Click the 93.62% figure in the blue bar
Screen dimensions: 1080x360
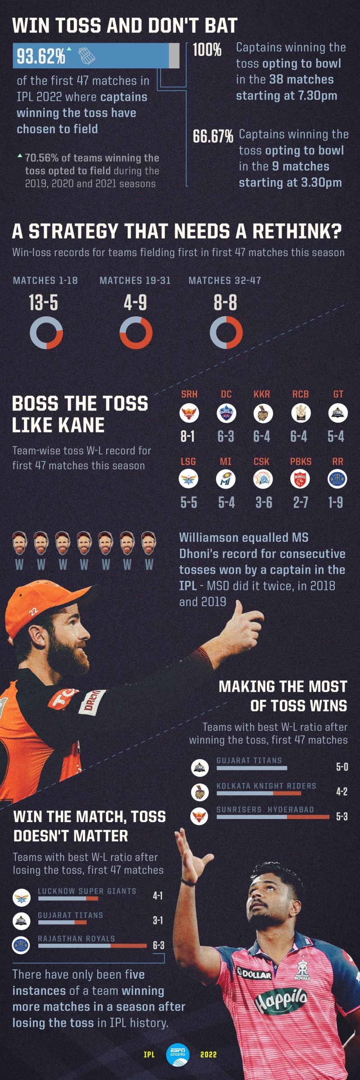(41, 56)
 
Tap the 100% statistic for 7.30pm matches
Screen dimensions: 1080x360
(207, 50)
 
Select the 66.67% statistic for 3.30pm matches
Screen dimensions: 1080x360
(213, 136)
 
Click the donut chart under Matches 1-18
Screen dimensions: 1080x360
(46, 333)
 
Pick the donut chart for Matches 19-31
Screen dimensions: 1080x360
(136, 333)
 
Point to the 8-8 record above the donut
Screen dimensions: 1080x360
(225, 303)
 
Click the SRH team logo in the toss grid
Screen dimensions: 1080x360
(189, 413)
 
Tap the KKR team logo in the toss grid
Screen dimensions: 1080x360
(262, 413)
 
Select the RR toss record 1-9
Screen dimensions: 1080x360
(336, 502)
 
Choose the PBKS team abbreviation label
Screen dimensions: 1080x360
(301, 462)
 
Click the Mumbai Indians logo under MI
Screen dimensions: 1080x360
(225, 479)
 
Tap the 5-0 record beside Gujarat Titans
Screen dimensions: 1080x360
(342, 767)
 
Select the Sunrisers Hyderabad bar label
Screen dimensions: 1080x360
(265, 810)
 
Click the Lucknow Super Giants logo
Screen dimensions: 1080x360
(22, 897)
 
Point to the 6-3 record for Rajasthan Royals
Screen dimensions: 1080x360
(158, 945)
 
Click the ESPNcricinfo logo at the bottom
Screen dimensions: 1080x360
(178, 1054)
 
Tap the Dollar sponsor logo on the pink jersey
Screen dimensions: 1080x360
(255, 974)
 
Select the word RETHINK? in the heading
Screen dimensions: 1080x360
(297, 232)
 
